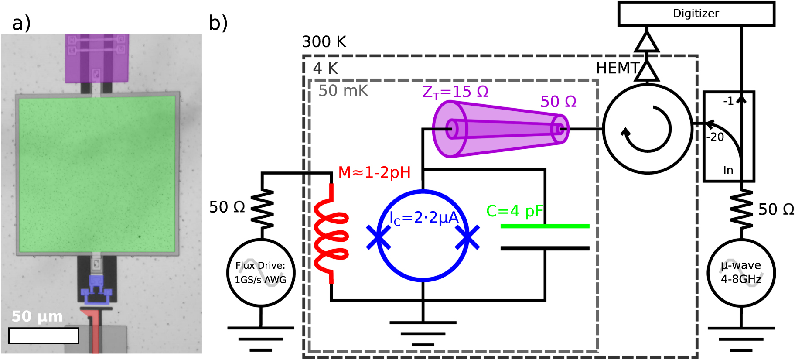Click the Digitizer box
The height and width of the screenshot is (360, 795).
(x=696, y=14)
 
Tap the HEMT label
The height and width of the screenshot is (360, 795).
(x=617, y=69)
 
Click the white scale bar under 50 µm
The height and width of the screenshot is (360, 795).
(x=44, y=336)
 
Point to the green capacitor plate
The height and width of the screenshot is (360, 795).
(x=545, y=226)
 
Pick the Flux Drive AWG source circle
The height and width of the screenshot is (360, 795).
(x=261, y=273)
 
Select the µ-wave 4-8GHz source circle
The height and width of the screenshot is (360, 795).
(x=741, y=273)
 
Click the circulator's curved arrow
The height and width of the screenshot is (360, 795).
(x=648, y=130)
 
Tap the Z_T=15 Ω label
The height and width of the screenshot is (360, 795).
(x=455, y=92)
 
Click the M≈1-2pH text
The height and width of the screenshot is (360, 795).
(x=374, y=173)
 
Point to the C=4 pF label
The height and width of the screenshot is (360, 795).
(x=514, y=211)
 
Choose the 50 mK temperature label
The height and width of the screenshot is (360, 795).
(x=343, y=91)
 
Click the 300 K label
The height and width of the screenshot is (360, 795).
(x=324, y=42)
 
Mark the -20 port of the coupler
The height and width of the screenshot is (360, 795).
(x=715, y=137)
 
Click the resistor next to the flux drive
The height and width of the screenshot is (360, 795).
(x=262, y=209)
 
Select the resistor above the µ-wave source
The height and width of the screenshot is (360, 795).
(x=741, y=209)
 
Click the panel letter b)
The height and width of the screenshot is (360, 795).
(x=218, y=23)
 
